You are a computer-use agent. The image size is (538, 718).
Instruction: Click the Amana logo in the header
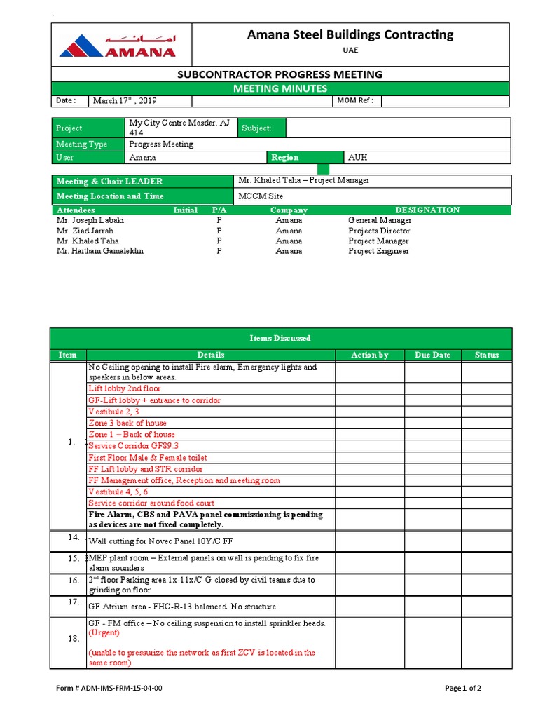pos(118,46)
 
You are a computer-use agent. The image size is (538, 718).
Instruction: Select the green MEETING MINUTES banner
pos(280,88)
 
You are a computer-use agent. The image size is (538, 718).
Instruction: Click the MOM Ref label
pos(355,101)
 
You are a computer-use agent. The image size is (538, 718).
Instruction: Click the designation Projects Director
pos(379,231)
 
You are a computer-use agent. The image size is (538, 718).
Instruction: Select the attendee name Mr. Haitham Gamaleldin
pos(99,251)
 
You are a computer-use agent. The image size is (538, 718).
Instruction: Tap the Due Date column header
pos(432,355)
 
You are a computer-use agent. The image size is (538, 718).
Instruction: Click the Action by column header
pos(369,355)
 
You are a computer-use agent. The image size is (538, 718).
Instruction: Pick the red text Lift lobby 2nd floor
pos(124,388)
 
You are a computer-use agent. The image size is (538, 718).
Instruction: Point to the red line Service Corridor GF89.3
pos(133,446)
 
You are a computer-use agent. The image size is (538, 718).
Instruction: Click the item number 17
pos(74,602)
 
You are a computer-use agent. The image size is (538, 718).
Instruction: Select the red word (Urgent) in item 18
pos(104,633)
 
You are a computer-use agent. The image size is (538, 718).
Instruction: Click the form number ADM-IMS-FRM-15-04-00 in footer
pos(109,688)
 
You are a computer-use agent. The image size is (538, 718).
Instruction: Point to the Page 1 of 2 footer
pos(463,688)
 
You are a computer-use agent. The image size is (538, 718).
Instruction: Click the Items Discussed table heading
pos(280,338)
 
